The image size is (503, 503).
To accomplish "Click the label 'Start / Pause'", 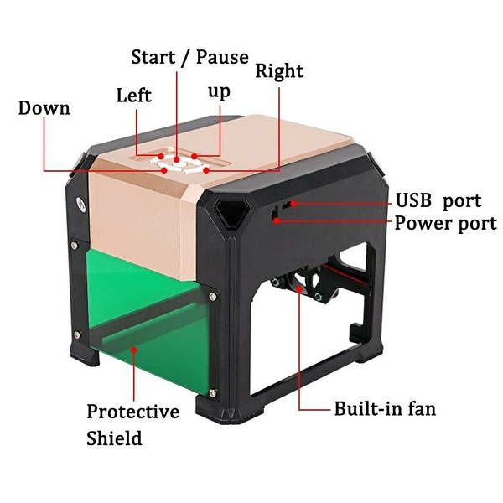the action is point(189,57).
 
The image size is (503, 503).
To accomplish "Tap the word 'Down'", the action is point(44,108).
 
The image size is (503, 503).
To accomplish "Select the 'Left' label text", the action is point(134,96).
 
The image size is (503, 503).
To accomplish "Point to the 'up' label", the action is point(219,92).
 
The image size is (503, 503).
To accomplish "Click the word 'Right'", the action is point(279,71).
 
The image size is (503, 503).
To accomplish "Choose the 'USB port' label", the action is point(438,201).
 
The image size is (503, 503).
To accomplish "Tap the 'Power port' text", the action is point(446,223).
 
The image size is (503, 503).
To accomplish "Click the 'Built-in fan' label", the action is point(385,409).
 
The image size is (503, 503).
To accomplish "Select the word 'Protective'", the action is point(132,412).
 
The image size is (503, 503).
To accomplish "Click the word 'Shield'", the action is point(114,438).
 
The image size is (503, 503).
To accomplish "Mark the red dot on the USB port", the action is point(293,204).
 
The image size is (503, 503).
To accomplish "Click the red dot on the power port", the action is point(277,220).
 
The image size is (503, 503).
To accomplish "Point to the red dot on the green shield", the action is point(134,350).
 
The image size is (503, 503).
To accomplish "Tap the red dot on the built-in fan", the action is point(299,288).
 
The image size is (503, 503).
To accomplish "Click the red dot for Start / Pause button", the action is point(176,159).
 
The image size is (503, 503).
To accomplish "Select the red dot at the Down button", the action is point(164,170).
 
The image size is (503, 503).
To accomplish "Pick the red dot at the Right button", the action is point(206,170).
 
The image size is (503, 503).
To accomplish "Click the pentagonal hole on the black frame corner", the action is point(232,213).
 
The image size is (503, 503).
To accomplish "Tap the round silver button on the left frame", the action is point(80,205).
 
